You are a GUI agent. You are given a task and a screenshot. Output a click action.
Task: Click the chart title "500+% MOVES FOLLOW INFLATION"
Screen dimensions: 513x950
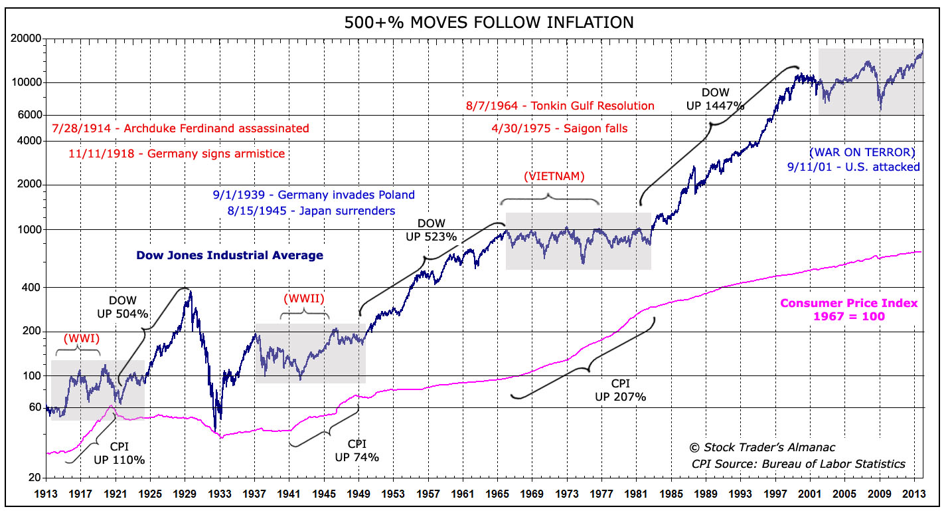(x=489, y=23)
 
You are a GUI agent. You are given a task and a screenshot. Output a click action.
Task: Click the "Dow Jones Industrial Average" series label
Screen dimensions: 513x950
(x=230, y=255)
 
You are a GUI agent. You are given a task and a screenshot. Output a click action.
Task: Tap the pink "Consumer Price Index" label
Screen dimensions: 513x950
(x=848, y=303)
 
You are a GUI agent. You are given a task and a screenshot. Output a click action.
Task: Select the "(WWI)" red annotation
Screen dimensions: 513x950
(x=81, y=337)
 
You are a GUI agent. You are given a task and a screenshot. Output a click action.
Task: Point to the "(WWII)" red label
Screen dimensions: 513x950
(x=304, y=298)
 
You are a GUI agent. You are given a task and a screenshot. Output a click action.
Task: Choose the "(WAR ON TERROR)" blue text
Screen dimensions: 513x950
(x=862, y=152)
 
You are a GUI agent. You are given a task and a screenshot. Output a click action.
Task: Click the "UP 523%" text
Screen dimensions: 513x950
(x=432, y=236)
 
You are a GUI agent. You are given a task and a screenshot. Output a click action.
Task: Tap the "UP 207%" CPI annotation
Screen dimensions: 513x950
(x=621, y=397)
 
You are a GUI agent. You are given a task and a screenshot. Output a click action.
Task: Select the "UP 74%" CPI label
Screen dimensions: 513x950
(x=356, y=457)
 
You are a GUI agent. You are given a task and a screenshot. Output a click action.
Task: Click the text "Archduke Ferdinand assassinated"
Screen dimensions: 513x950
(x=220, y=128)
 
